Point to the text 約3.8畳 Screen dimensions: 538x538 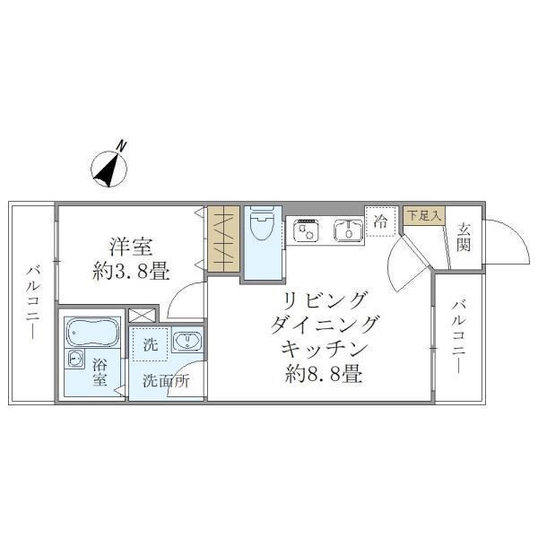coord(131,271)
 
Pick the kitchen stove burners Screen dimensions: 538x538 coord(304,230)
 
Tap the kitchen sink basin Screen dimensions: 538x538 coord(345,230)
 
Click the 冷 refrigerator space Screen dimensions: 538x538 coord(381,221)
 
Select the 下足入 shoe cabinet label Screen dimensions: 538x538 coord(422,215)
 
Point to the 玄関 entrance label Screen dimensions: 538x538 coord(464,237)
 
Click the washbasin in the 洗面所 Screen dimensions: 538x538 coord(187,342)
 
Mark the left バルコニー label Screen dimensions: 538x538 coord(31,300)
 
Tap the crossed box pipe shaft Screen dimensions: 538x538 coord(140,316)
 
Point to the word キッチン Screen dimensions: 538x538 coord(324,347)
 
